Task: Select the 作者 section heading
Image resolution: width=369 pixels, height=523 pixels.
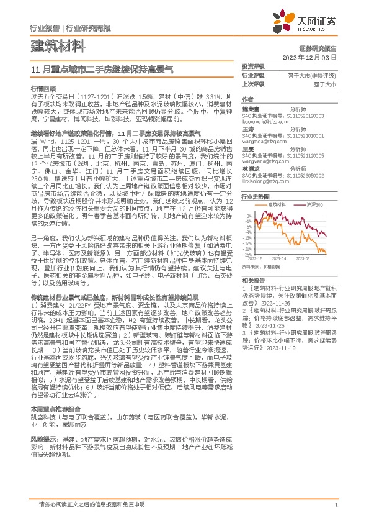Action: tap(247, 99)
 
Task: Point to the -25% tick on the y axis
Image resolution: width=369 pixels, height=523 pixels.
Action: tap(247, 255)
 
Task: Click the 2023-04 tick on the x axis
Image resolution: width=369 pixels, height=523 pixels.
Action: tap(288, 259)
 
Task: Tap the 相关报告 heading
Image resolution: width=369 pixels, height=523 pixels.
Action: tap(253, 281)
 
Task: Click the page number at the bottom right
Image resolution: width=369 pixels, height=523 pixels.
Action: tap(336, 505)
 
